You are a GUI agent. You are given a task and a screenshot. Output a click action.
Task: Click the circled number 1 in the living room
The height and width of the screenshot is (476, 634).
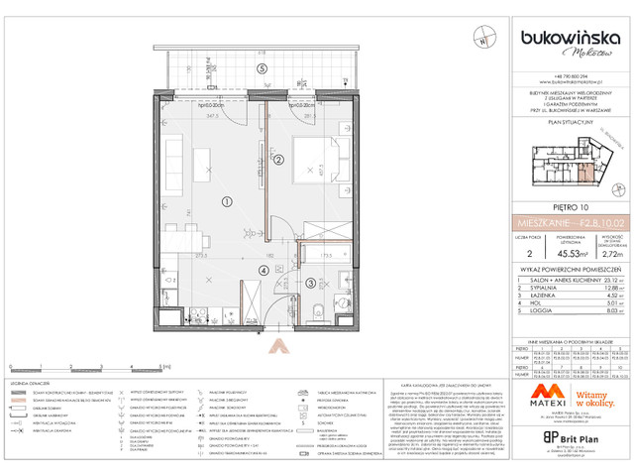pyautogui.click(x=227, y=201)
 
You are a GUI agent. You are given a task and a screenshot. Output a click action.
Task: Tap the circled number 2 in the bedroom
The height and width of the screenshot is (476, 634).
pyautogui.click(x=279, y=161)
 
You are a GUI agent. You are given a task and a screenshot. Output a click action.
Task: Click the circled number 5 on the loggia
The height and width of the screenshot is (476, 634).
pyautogui.click(x=262, y=68)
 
